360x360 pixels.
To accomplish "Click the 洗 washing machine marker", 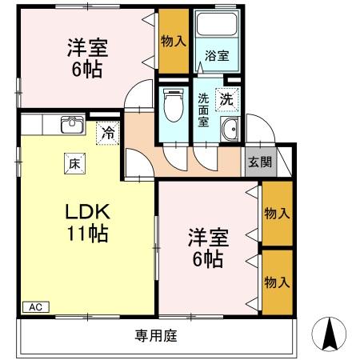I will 227,100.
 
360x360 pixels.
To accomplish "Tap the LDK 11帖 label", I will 88,223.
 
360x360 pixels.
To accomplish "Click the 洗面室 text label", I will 204,110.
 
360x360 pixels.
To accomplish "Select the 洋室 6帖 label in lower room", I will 206,247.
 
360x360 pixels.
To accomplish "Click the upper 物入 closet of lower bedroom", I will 276,214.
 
